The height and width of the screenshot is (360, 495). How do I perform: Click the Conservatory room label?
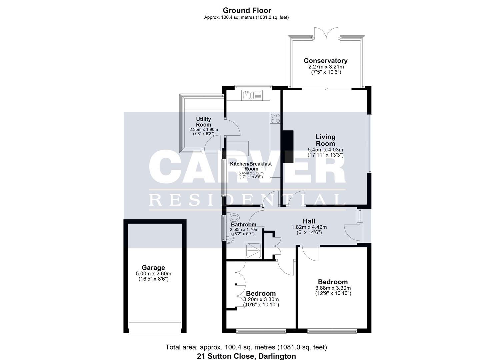click(x=325, y=61)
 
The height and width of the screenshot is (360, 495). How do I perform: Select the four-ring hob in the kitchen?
click(x=275, y=118)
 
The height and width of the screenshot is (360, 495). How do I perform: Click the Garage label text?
click(x=153, y=268)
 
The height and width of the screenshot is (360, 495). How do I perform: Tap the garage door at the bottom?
click(x=155, y=328)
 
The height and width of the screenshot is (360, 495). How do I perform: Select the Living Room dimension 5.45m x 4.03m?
click(x=325, y=150)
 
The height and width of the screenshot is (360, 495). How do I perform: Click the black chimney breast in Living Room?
click(x=287, y=147)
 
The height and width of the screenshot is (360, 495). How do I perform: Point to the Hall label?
click(x=309, y=221)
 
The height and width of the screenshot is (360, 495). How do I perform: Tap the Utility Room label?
click(x=203, y=122)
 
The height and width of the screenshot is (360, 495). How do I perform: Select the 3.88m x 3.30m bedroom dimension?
click(x=333, y=288)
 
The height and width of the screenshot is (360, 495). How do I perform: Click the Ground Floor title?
click(x=247, y=10)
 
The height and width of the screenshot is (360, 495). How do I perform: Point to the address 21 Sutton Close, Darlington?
click(x=246, y=356)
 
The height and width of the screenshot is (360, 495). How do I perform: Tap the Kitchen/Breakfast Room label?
click(x=251, y=166)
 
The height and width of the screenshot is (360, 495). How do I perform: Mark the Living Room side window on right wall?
click(x=370, y=144)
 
